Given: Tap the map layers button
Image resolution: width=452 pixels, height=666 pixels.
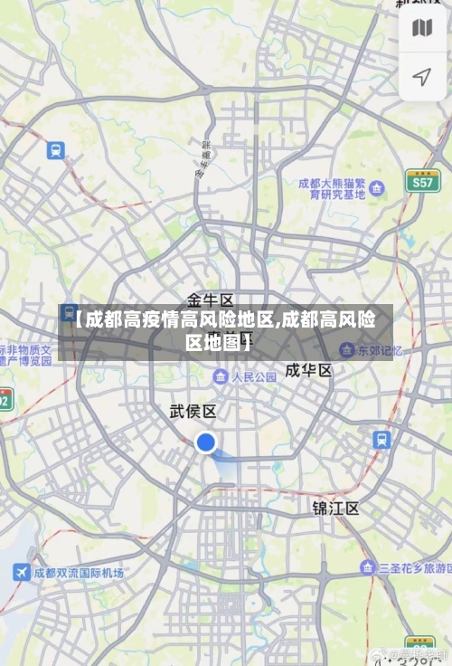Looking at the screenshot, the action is (422, 29).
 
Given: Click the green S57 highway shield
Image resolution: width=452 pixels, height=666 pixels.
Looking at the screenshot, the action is (421, 180).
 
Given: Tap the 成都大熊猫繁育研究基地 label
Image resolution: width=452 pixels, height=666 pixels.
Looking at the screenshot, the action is (332, 188).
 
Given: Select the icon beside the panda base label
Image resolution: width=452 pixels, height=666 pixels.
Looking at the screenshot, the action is (377, 188).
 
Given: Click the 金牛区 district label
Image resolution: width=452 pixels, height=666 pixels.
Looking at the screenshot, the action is (211, 300).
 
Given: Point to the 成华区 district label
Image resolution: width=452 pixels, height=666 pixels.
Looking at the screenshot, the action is (308, 371).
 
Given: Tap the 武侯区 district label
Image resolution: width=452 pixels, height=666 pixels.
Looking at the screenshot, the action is (193, 412).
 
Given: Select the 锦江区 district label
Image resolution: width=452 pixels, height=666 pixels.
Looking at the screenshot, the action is (335, 508).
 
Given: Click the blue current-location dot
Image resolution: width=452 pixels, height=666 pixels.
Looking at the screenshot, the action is (206, 442).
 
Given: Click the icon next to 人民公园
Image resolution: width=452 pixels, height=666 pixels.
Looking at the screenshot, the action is (221, 376).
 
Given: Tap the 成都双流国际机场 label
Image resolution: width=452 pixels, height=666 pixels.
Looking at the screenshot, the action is (79, 573).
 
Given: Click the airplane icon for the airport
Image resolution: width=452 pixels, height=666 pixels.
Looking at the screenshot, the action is (22, 573).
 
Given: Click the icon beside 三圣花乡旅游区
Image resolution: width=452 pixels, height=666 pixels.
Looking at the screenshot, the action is (367, 567).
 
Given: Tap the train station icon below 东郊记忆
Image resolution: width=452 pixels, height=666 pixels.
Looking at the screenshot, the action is (382, 440).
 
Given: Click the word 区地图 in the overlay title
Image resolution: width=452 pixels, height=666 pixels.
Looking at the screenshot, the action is (213, 343).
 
